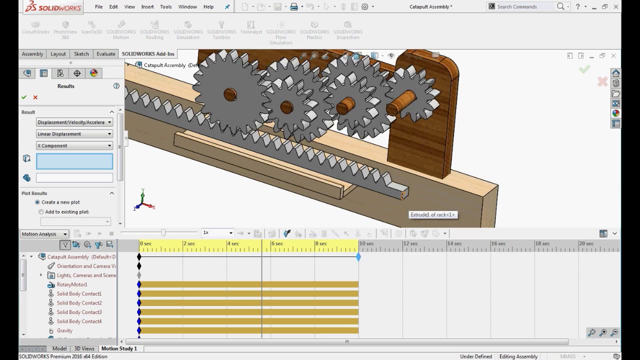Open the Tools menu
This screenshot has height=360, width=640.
165,6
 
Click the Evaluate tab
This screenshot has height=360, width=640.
105,54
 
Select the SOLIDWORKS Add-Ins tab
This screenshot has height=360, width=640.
148,54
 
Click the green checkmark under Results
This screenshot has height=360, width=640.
24,97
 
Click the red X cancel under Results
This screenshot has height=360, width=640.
35,97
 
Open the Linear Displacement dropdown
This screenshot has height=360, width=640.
74,134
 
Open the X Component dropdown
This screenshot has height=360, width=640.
74,145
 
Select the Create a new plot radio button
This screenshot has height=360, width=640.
37,202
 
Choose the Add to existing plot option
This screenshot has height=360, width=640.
41,212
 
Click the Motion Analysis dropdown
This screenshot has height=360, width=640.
44,234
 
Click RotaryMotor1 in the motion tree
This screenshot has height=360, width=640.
71,284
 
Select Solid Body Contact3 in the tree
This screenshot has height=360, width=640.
78,312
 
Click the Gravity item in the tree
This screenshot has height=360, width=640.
64,330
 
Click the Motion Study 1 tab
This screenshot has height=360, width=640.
118,348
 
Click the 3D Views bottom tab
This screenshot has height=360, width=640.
84,348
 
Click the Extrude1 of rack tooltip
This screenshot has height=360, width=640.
433,215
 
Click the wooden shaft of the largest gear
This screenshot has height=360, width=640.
229,94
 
